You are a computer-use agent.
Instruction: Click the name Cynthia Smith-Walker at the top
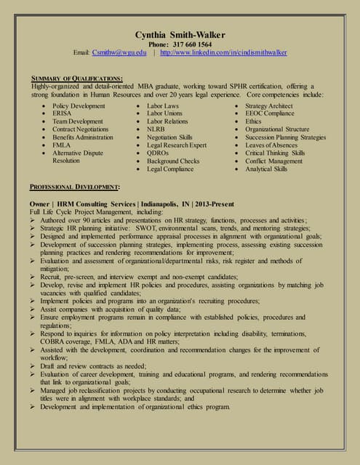point(180,35)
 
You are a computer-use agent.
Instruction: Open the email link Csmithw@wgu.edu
point(119,52)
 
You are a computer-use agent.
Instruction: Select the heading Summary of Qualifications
point(76,78)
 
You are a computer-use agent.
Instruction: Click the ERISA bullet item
point(63,113)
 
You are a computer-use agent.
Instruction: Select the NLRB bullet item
point(156,129)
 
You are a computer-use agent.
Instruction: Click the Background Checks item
point(173,161)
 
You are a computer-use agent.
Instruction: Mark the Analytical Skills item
point(266,169)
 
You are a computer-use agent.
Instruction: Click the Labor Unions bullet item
point(164,113)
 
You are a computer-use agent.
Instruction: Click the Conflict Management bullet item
point(274,161)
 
